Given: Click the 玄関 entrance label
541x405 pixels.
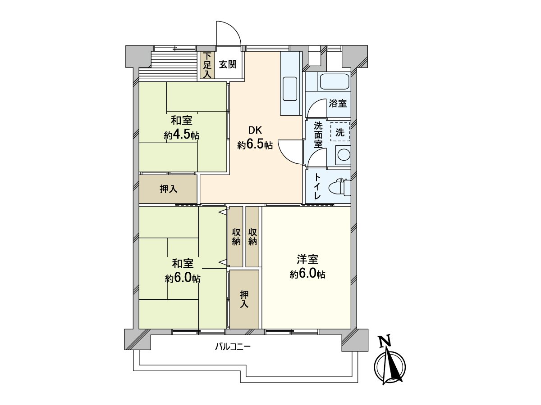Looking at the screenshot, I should point(228,65).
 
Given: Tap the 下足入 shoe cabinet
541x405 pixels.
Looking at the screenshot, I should point(207,66).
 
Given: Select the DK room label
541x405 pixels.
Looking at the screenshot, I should point(255,131).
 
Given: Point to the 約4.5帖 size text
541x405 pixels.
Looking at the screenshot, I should point(182,135).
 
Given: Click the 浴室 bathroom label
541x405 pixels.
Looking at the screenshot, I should point(338,103).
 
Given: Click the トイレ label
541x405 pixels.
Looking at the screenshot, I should point(317,187).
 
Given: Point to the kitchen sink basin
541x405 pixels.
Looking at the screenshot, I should point(289,89).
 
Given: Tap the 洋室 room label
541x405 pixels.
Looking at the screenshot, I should point(307,260).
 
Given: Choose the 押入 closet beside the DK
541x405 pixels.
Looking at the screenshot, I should point(168,189).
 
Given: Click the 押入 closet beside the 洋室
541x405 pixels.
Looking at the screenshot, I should point(244,299).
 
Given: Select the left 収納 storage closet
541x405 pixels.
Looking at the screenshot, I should point(236,237).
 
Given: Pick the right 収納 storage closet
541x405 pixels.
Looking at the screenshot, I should point(252,237).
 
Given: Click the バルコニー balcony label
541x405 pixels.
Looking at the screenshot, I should point(232,347).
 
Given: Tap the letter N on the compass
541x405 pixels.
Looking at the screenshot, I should point(384,342).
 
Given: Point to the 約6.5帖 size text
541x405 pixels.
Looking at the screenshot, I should point(255,145).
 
